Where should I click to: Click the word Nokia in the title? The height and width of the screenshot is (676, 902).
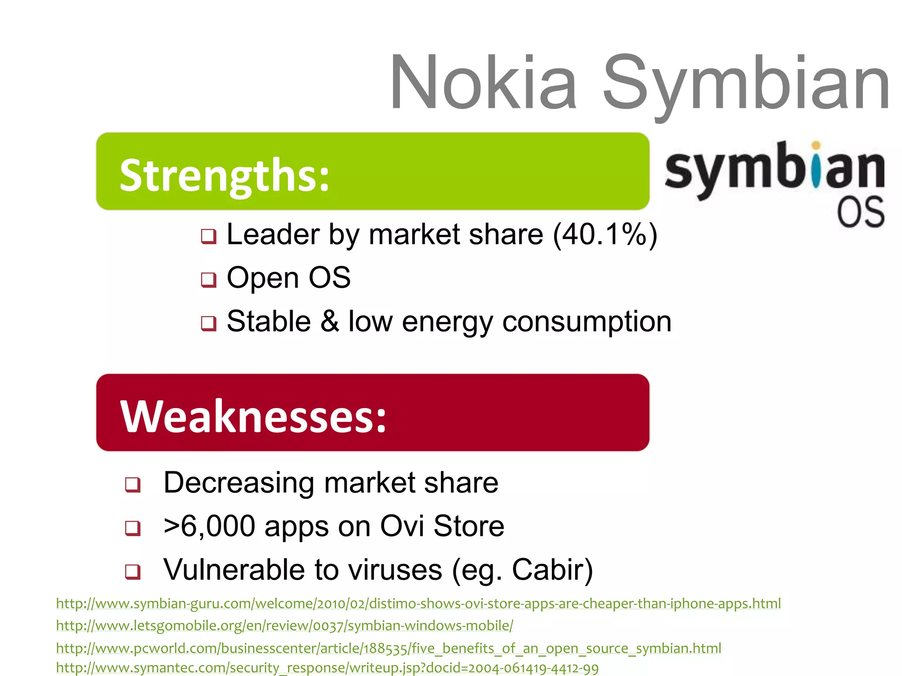(484, 83)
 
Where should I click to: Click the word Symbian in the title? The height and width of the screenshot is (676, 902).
(746, 86)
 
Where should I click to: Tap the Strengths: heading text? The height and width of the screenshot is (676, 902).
(225, 176)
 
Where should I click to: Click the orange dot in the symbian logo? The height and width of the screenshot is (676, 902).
(816, 145)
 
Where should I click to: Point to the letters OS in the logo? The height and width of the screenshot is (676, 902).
(861, 213)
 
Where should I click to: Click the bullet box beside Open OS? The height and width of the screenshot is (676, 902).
(208, 279)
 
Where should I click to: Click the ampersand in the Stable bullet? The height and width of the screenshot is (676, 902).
(330, 321)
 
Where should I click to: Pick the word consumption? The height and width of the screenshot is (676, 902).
(587, 322)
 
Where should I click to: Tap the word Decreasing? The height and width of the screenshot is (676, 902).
(239, 483)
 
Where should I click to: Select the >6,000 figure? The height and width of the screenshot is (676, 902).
(209, 526)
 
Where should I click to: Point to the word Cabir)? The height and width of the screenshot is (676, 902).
(552, 570)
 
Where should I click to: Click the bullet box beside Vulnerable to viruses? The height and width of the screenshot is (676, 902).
(133, 572)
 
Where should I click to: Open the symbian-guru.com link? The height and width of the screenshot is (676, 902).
(418, 603)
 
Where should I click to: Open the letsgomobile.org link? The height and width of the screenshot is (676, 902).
(285, 625)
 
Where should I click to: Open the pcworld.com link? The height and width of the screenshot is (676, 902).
(388, 648)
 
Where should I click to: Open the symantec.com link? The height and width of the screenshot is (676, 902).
(327, 668)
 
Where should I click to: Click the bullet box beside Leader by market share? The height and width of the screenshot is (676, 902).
(208, 236)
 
